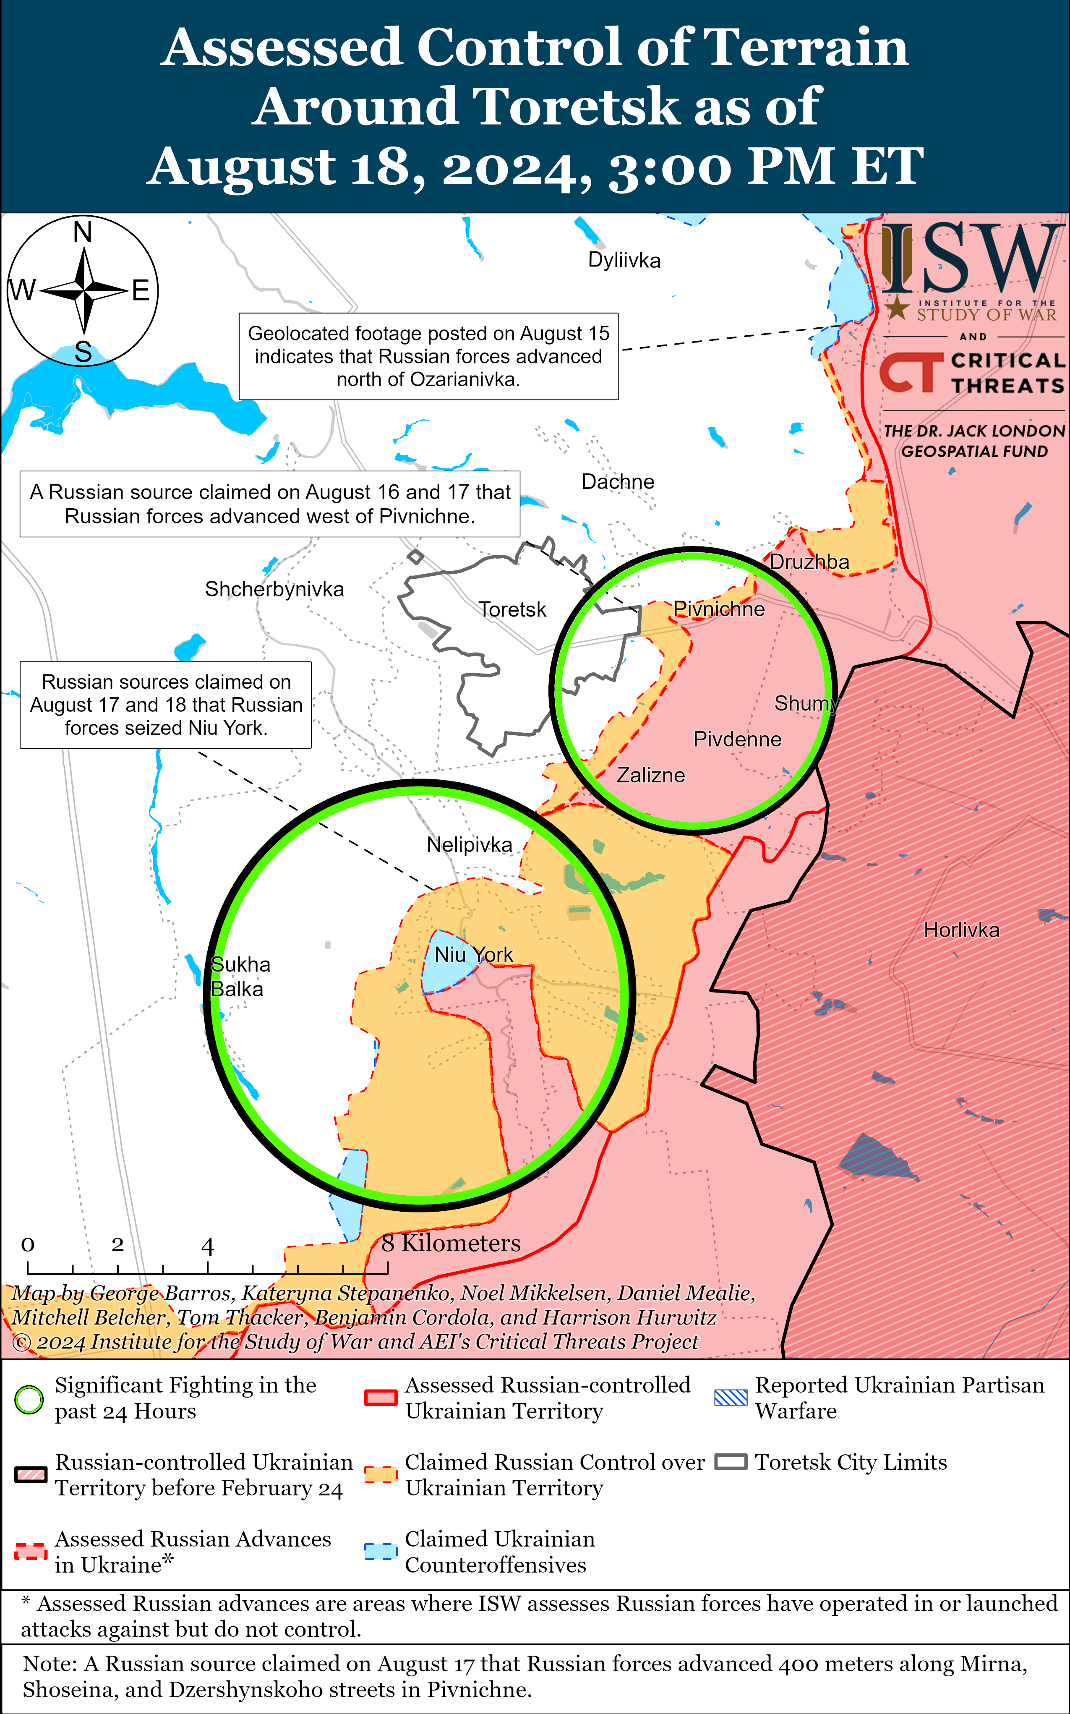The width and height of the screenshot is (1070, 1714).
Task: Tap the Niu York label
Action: click(x=473, y=955)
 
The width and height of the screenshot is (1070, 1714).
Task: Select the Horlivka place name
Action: click(x=961, y=930)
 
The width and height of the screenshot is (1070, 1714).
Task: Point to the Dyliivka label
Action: click(x=624, y=261)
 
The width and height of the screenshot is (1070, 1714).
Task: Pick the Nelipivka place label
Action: click(x=469, y=844)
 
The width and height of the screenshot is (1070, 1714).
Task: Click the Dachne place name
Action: click(x=618, y=481)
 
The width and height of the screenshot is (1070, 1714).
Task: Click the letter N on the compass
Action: click(x=83, y=231)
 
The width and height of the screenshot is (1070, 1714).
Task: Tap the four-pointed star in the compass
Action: click(x=84, y=290)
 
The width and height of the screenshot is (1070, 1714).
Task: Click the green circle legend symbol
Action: click(x=29, y=1400)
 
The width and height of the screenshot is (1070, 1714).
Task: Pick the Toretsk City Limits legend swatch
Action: click(x=730, y=1462)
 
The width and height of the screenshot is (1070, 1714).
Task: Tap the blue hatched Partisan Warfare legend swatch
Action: click(x=730, y=1398)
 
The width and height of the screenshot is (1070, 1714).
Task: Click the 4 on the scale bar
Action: click(x=207, y=1246)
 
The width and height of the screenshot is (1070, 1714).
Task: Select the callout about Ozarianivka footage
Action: click(x=428, y=356)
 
